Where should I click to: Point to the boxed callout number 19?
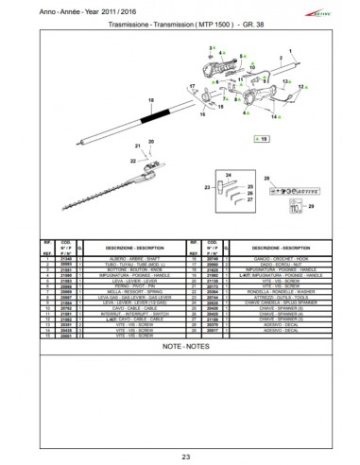pyautogui.click(x=263, y=139)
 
